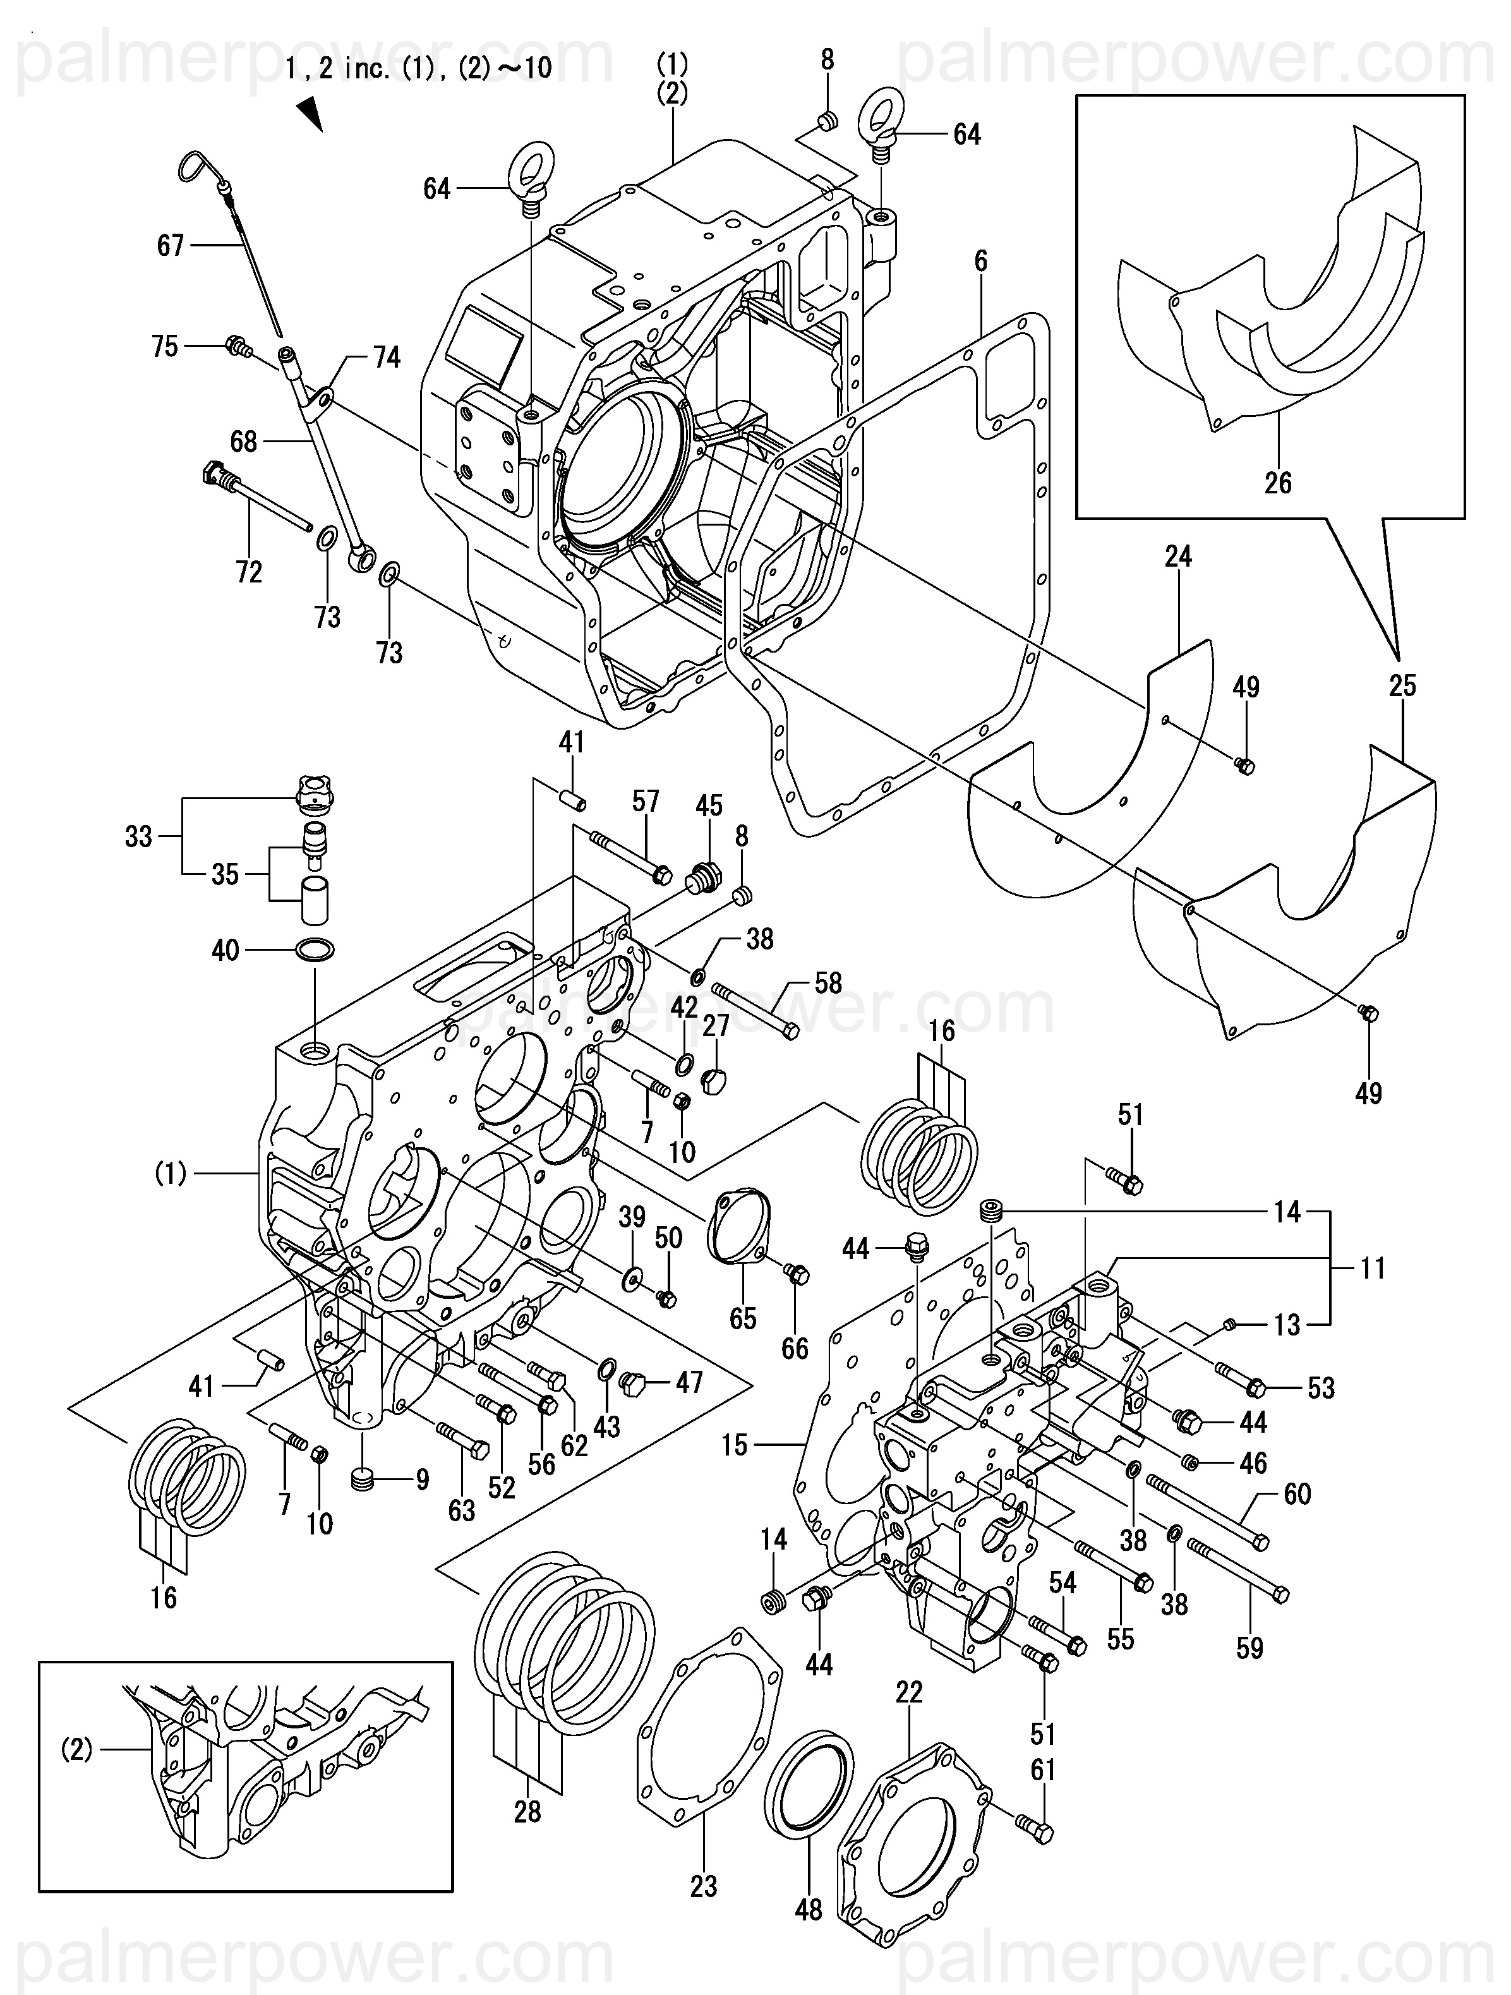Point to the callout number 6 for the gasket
tap(980, 262)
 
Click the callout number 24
tap(1178, 557)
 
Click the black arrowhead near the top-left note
tap(311, 114)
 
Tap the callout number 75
tap(165, 346)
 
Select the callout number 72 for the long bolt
tap(249, 572)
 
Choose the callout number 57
tap(646, 801)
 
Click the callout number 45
tap(709, 805)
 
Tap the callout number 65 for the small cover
tap(742, 1318)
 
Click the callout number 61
tap(1043, 1771)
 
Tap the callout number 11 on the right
tap(1372, 1268)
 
